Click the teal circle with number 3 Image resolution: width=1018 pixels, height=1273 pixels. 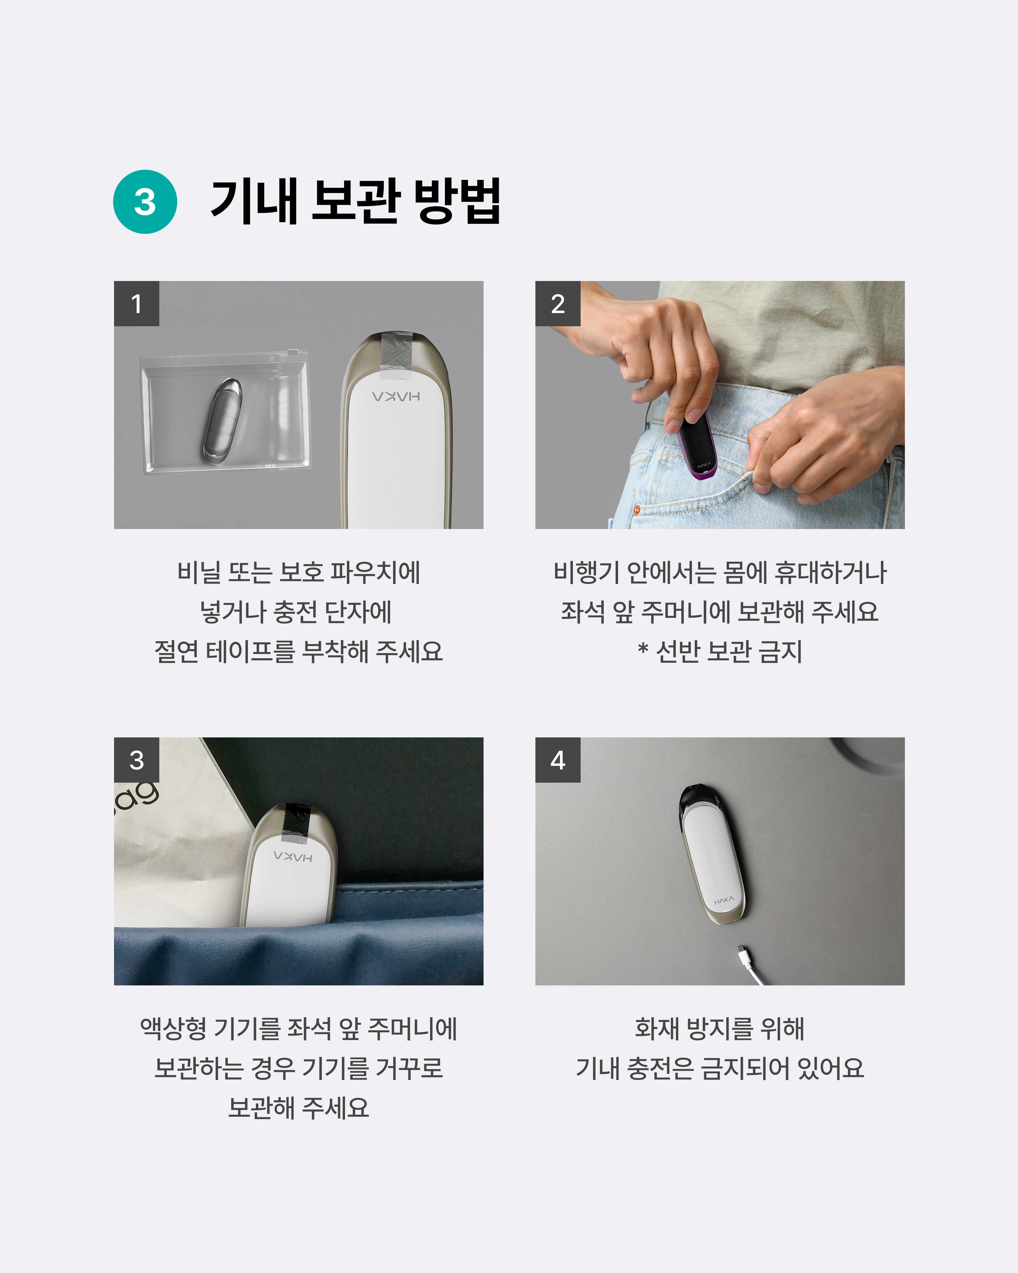(x=145, y=202)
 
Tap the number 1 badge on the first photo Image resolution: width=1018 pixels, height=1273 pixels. (x=136, y=303)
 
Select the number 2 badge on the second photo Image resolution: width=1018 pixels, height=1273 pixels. (x=558, y=303)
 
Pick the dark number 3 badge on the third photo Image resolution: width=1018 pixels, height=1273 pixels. (x=136, y=760)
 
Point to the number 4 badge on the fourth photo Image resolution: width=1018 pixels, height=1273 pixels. (x=558, y=760)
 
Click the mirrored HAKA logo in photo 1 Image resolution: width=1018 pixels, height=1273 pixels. (x=396, y=396)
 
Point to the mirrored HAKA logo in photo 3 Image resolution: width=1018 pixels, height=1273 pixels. (x=293, y=856)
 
